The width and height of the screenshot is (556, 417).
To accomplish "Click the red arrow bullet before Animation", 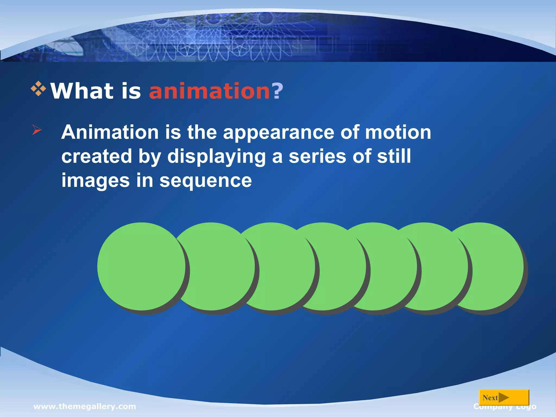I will click(x=37, y=130).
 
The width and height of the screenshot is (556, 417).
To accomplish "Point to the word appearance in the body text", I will click(x=279, y=133).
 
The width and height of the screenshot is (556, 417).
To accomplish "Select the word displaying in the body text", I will click(x=216, y=157).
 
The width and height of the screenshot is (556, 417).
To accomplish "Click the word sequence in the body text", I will click(x=206, y=181).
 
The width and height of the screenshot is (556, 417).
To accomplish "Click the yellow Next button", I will click(x=504, y=398).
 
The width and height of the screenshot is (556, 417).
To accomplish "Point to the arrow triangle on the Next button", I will click(x=504, y=398).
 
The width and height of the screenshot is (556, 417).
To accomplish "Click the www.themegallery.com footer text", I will click(x=85, y=406).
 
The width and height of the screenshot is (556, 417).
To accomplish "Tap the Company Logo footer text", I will click(x=505, y=407).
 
